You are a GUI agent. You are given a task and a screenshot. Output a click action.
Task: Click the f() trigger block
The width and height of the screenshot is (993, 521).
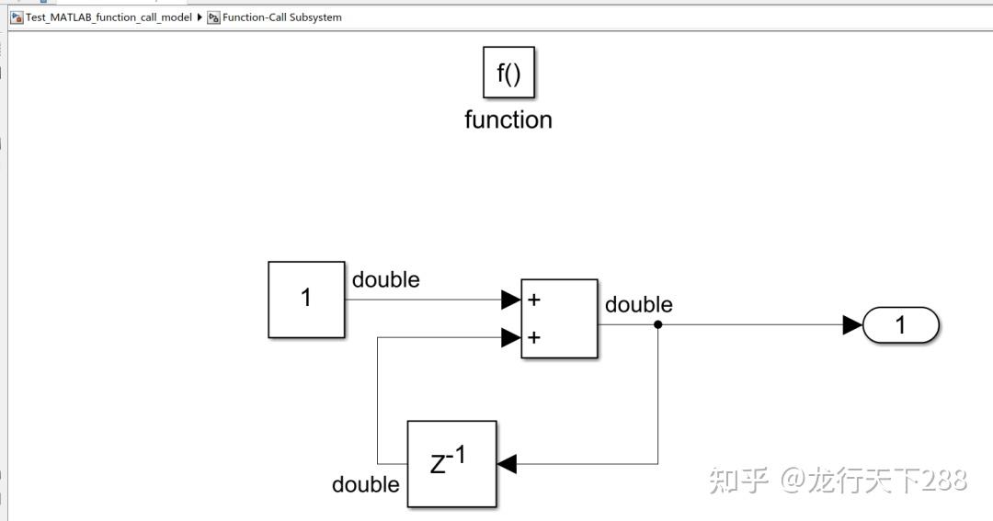point(508,73)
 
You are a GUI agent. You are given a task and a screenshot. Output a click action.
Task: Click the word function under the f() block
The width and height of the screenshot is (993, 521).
point(508,120)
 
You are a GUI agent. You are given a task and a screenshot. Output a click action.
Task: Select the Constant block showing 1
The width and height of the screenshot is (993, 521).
point(306,299)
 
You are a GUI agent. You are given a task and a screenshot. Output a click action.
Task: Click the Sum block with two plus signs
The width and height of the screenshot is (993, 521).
point(559,318)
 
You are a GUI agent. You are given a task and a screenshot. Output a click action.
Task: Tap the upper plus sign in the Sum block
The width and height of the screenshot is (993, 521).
point(534,300)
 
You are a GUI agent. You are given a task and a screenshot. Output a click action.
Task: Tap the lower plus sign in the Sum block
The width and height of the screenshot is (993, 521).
point(534,337)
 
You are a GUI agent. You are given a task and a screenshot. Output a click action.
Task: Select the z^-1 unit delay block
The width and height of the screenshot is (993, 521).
point(451,463)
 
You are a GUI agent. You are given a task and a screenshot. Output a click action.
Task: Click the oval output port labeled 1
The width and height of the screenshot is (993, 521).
point(900,325)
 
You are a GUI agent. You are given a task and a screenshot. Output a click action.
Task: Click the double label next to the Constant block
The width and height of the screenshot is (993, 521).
point(385,279)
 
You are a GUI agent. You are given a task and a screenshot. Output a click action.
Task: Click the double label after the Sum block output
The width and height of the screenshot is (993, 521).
point(638,304)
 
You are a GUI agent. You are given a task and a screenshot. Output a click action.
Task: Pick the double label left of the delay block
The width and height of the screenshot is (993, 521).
point(365,484)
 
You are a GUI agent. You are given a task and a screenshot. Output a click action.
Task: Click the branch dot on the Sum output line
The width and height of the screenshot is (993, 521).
point(657,324)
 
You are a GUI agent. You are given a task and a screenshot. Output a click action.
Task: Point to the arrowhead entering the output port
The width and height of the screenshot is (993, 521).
point(852,324)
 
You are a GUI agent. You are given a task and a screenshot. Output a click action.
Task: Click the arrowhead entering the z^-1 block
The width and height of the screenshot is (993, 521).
point(507,464)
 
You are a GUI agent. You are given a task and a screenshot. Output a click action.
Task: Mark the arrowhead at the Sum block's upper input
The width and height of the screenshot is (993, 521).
point(510,300)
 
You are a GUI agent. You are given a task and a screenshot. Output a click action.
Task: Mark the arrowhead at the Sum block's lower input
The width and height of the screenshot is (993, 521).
point(510,337)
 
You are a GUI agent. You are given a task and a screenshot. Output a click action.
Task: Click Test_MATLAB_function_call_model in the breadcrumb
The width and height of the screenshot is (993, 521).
point(108,17)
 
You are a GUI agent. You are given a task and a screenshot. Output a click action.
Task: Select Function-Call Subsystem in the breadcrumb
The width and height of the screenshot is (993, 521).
point(281,17)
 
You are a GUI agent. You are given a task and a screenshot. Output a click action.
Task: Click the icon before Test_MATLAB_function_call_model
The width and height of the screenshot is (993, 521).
point(17,17)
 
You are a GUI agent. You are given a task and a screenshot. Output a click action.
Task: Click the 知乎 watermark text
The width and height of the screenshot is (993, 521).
point(738,480)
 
